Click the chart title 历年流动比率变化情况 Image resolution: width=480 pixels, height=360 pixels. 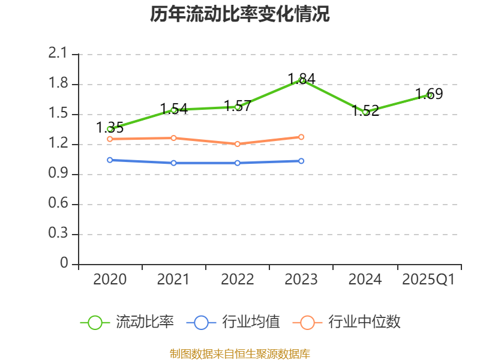240,14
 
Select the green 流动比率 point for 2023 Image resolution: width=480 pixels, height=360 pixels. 302,80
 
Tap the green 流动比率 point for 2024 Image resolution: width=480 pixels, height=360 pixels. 365,112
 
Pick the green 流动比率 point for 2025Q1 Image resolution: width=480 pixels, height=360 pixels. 429,95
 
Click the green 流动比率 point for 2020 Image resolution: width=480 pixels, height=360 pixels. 110,129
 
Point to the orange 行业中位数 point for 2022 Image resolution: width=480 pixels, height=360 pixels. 238,144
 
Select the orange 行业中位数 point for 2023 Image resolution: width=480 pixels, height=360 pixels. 301,137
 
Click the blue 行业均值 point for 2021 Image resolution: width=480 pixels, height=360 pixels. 174,163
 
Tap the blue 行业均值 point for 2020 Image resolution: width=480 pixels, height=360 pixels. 110,160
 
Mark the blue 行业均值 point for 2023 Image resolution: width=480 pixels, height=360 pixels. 301,161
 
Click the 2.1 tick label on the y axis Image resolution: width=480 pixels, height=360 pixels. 58,54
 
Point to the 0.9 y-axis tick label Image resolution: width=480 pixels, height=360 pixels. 58,174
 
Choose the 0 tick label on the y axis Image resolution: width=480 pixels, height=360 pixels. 65,264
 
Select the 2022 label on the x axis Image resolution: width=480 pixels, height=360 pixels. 238,280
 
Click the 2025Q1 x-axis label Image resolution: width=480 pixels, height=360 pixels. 428,280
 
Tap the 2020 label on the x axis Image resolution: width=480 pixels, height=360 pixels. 110,280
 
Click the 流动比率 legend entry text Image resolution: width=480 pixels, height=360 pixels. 145,322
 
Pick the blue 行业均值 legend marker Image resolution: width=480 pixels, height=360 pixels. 201,322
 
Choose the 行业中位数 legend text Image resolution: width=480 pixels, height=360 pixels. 364,322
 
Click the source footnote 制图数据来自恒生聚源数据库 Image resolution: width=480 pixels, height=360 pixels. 240,353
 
